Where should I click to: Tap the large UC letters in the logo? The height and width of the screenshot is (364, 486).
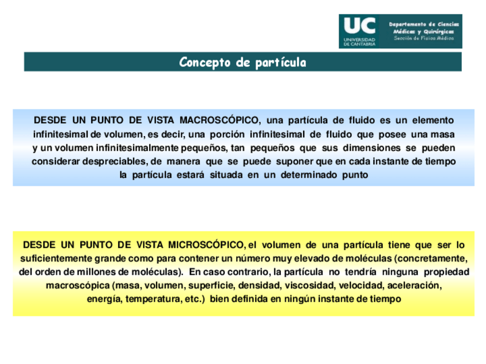359,26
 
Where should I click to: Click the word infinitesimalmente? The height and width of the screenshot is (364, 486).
107,148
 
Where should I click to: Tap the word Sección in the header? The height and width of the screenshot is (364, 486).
404,38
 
